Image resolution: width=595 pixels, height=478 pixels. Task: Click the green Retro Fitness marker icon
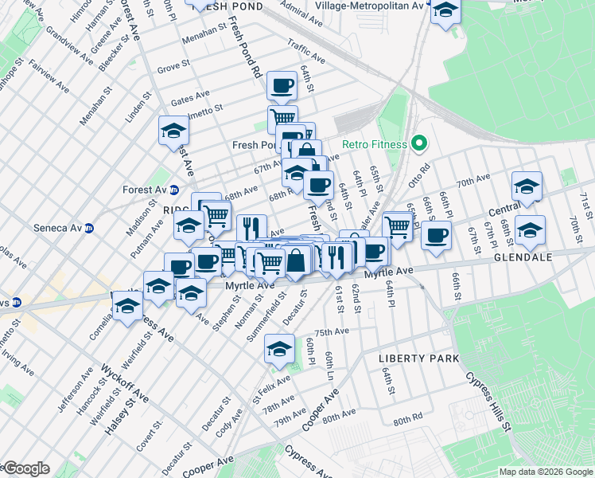click(417, 144)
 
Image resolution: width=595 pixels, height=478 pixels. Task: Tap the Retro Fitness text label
click(374, 145)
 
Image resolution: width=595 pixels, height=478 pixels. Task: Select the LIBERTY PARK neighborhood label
click(418, 358)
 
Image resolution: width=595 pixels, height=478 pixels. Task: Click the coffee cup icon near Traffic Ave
click(282, 84)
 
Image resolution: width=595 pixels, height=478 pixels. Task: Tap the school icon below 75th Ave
click(278, 348)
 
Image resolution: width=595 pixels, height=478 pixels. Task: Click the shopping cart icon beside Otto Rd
click(396, 226)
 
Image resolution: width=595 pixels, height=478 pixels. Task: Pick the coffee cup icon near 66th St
click(436, 235)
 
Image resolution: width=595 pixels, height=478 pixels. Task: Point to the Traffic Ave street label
click(307, 54)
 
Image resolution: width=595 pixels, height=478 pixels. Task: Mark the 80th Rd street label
click(406, 420)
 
